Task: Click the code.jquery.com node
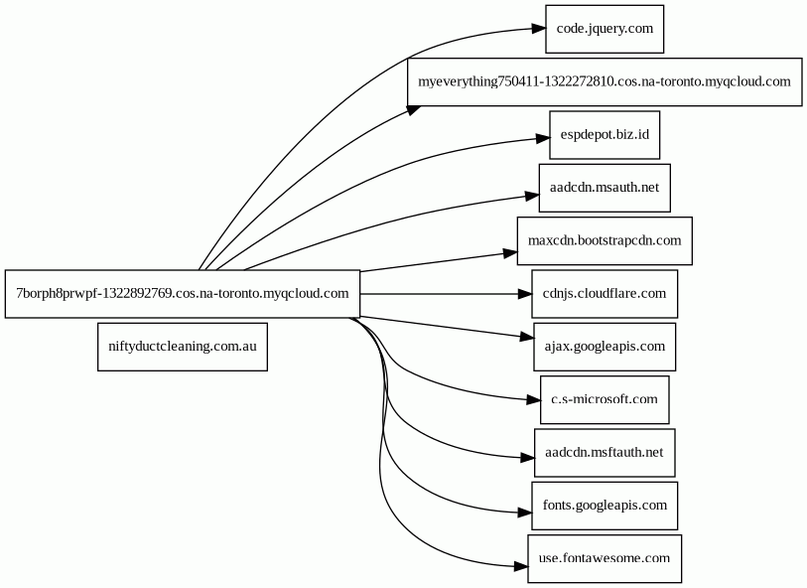coord(605,29)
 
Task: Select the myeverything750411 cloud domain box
coord(605,81)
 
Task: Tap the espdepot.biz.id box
coord(605,135)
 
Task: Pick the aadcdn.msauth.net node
coord(605,188)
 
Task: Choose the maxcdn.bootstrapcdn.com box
coord(605,241)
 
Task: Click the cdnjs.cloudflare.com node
coord(605,294)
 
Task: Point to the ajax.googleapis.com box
coord(605,347)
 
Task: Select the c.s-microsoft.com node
coord(605,400)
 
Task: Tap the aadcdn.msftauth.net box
coord(605,453)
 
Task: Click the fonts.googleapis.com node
coord(605,507)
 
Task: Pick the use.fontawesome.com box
coord(605,558)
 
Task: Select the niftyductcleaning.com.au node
coord(183,347)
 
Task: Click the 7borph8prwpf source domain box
coord(183,294)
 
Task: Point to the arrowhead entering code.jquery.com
coord(538,29)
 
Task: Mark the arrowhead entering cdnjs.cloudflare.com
coord(524,294)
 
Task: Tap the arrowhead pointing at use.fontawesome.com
coord(521,567)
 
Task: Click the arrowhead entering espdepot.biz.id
coord(542,138)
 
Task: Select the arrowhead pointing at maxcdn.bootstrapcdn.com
coord(510,253)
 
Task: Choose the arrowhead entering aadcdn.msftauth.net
coord(527,457)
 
